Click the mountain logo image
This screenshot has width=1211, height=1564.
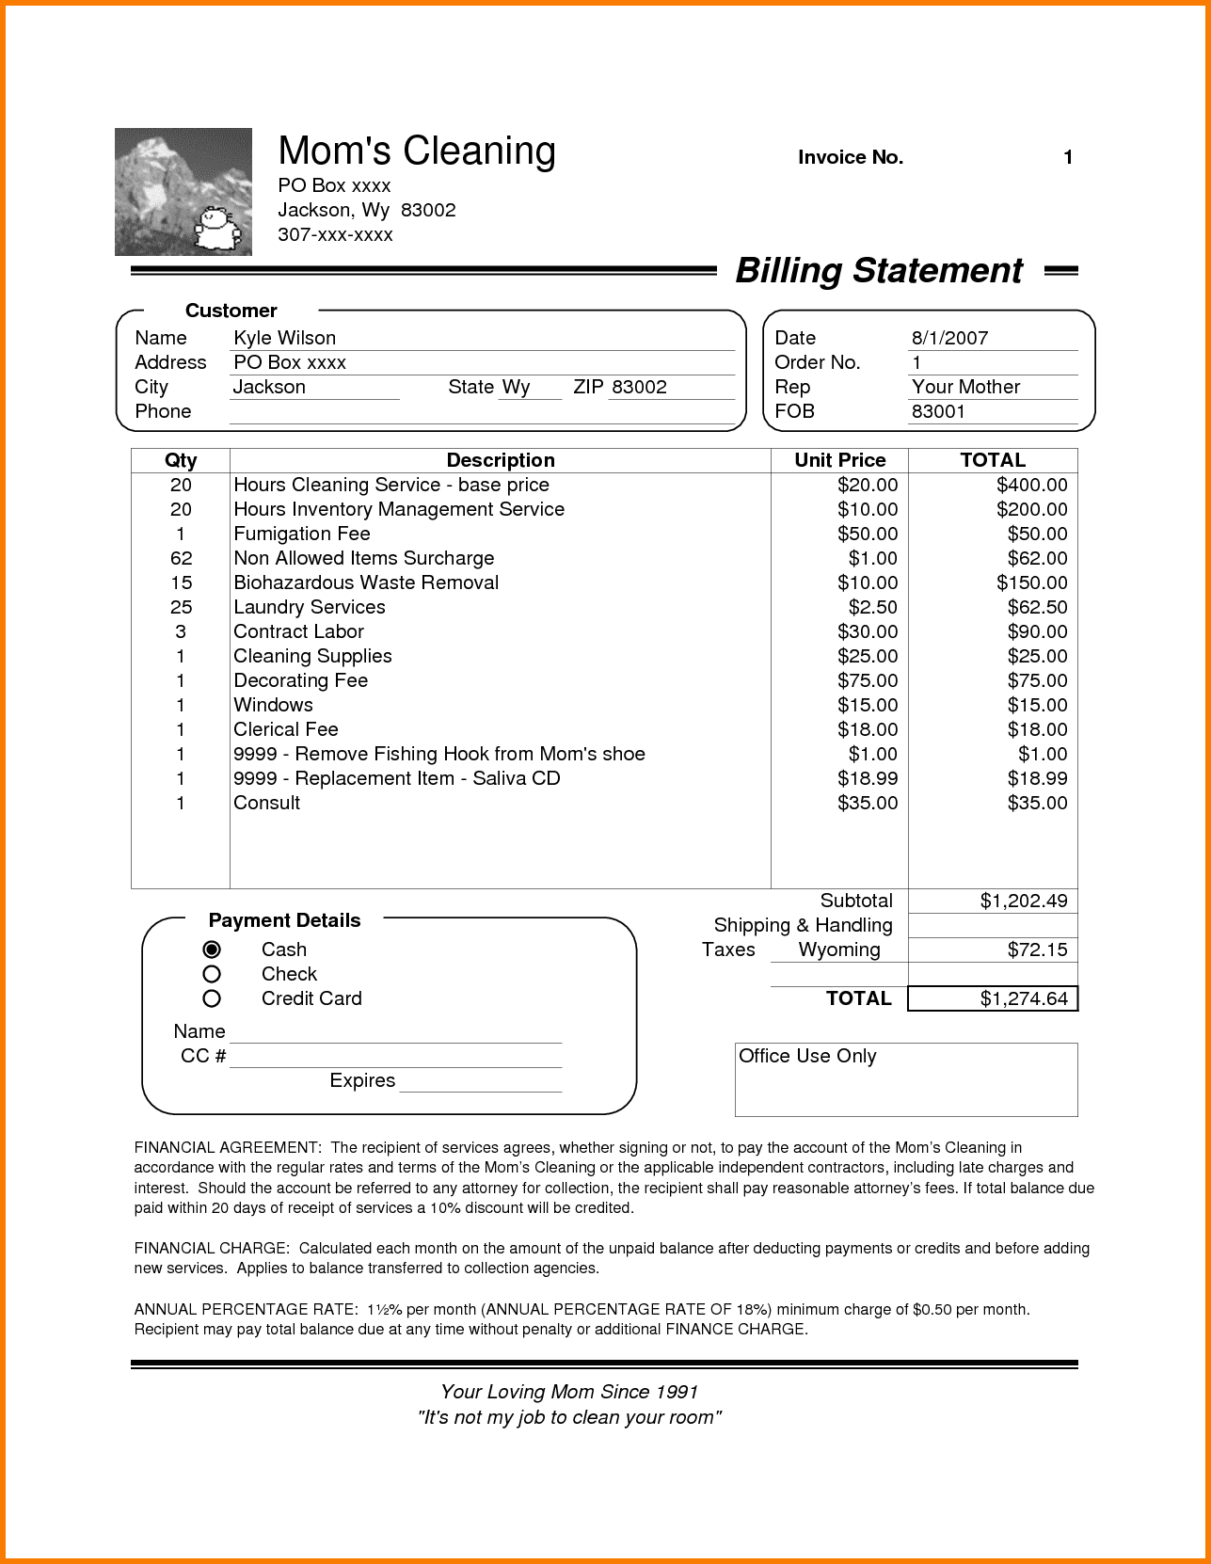click(183, 192)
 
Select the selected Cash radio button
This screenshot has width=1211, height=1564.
click(212, 950)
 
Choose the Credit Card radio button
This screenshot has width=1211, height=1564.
click(212, 998)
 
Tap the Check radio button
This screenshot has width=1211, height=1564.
click(212, 974)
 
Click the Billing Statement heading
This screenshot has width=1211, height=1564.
click(878, 271)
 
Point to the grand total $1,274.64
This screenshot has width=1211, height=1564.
click(1023, 998)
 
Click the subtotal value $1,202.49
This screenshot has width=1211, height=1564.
click(1023, 902)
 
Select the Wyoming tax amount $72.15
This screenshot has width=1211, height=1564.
click(1037, 950)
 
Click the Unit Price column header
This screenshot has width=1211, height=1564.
click(839, 460)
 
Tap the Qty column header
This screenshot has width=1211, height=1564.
click(181, 460)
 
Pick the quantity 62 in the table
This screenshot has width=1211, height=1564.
click(181, 558)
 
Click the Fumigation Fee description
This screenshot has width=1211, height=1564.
click(302, 534)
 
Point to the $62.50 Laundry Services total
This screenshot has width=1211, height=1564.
click(1037, 607)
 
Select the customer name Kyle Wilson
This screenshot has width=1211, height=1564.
click(284, 338)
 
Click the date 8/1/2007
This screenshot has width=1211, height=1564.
click(949, 338)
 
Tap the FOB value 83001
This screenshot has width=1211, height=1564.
click(938, 411)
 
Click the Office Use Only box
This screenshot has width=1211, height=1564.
click(905, 1079)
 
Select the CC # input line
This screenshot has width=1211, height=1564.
click(395, 1058)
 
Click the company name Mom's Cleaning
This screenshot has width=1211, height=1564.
click(417, 152)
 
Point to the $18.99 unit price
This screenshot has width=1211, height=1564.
click(867, 778)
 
